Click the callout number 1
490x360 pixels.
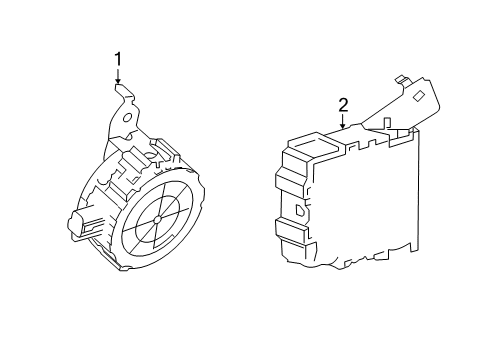(x=118, y=59)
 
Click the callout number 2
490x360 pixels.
(x=343, y=104)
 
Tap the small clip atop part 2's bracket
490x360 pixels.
(x=402, y=78)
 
